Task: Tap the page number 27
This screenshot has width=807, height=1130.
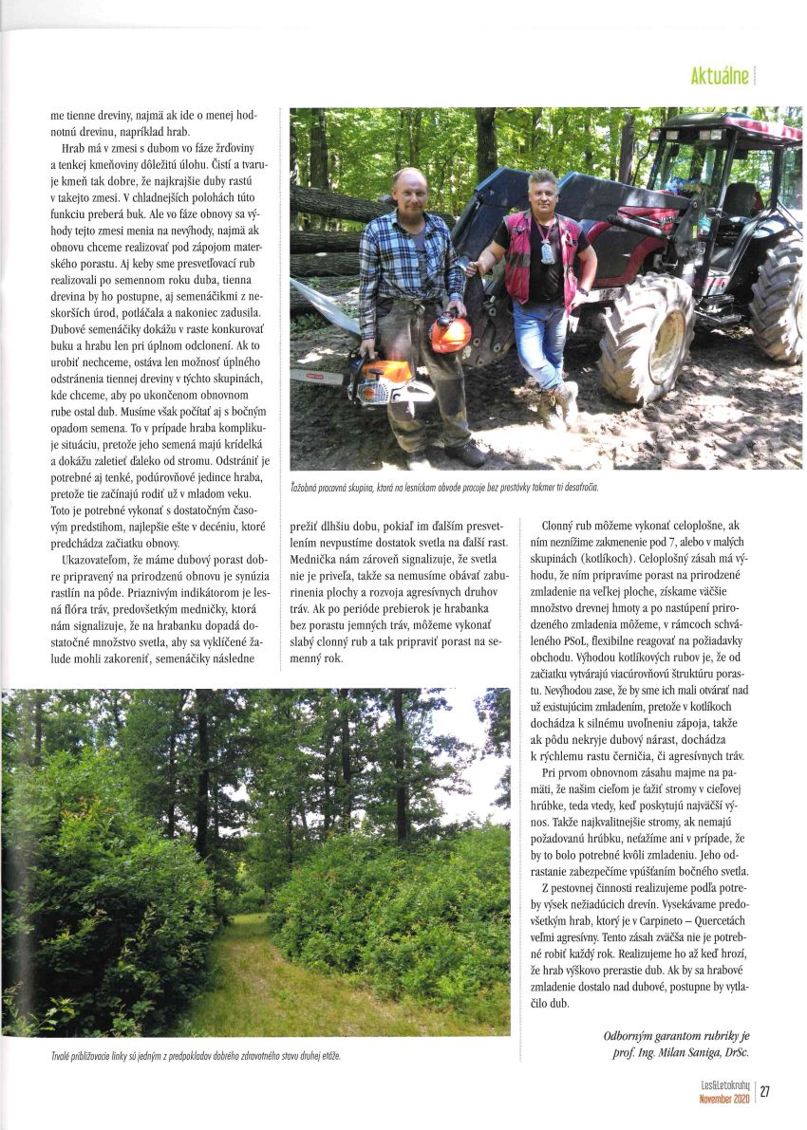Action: pos(764,1091)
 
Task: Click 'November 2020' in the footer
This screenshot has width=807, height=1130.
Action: pos(724,1098)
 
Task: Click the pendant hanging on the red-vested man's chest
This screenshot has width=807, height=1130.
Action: pos(546,253)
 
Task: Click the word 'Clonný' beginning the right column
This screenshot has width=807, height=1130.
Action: pos(559,525)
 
